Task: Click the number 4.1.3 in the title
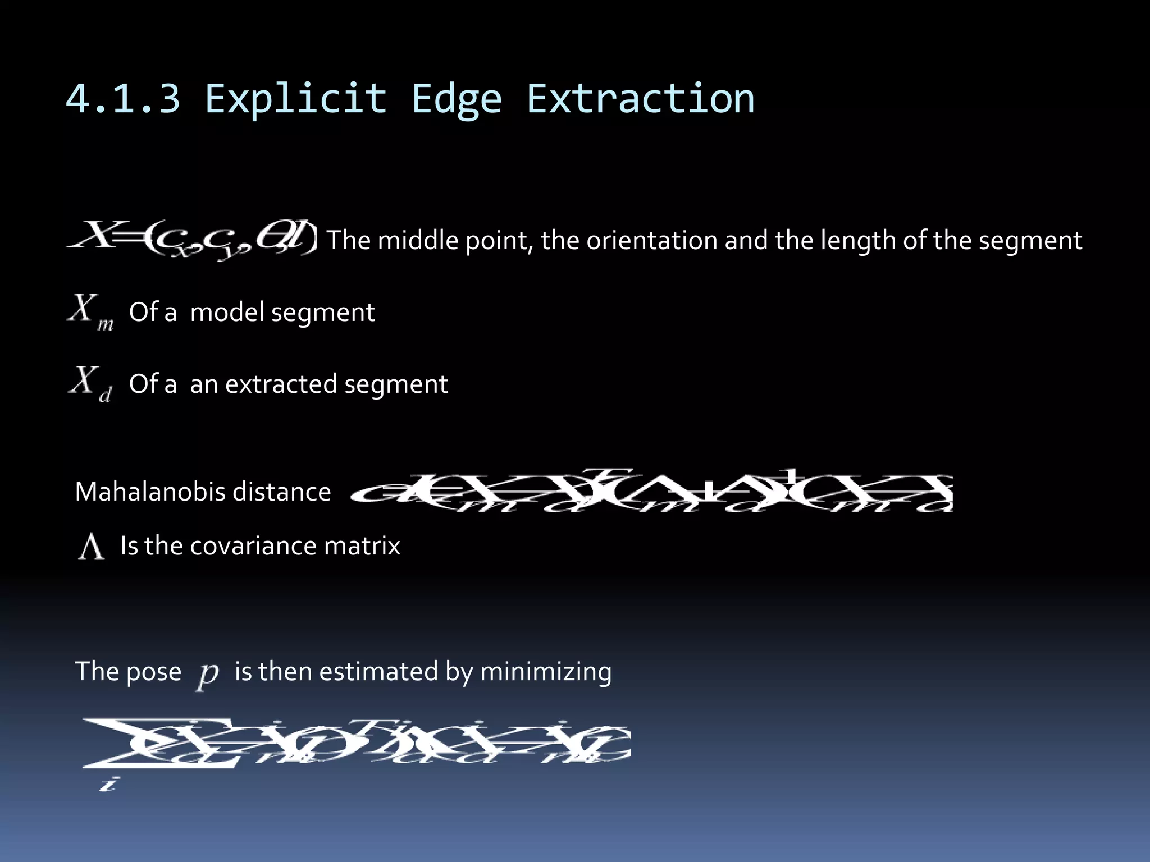123,99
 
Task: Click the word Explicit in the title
296,99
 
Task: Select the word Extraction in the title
640,99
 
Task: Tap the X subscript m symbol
90,312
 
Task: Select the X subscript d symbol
90,384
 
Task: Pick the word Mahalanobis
150,492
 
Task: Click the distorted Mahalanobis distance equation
651,492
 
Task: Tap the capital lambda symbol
91,547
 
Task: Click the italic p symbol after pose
207,673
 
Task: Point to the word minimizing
545,672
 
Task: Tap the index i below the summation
108,783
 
